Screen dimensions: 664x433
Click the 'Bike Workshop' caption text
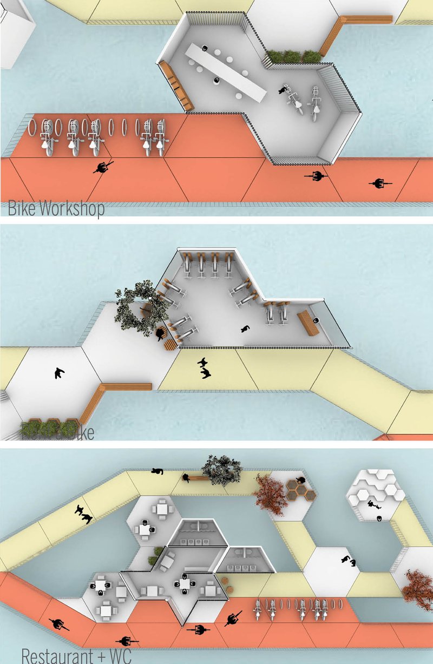point(56,208)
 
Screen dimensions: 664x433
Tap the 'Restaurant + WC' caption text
point(76,655)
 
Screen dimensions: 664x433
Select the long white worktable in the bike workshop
point(226,71)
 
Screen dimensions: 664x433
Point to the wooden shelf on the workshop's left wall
point(176,84)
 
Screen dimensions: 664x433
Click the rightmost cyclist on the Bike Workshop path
point(380,184)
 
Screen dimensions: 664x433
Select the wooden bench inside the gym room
point(307,323)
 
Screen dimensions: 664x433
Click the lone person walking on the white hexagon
point(58,373)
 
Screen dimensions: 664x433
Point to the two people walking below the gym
point(204,369)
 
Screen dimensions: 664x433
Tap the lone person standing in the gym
point(245,328)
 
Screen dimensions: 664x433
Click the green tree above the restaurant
point(221,469)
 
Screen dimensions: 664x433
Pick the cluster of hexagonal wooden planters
point(301,489)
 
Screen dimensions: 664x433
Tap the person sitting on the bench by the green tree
point(186,478)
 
